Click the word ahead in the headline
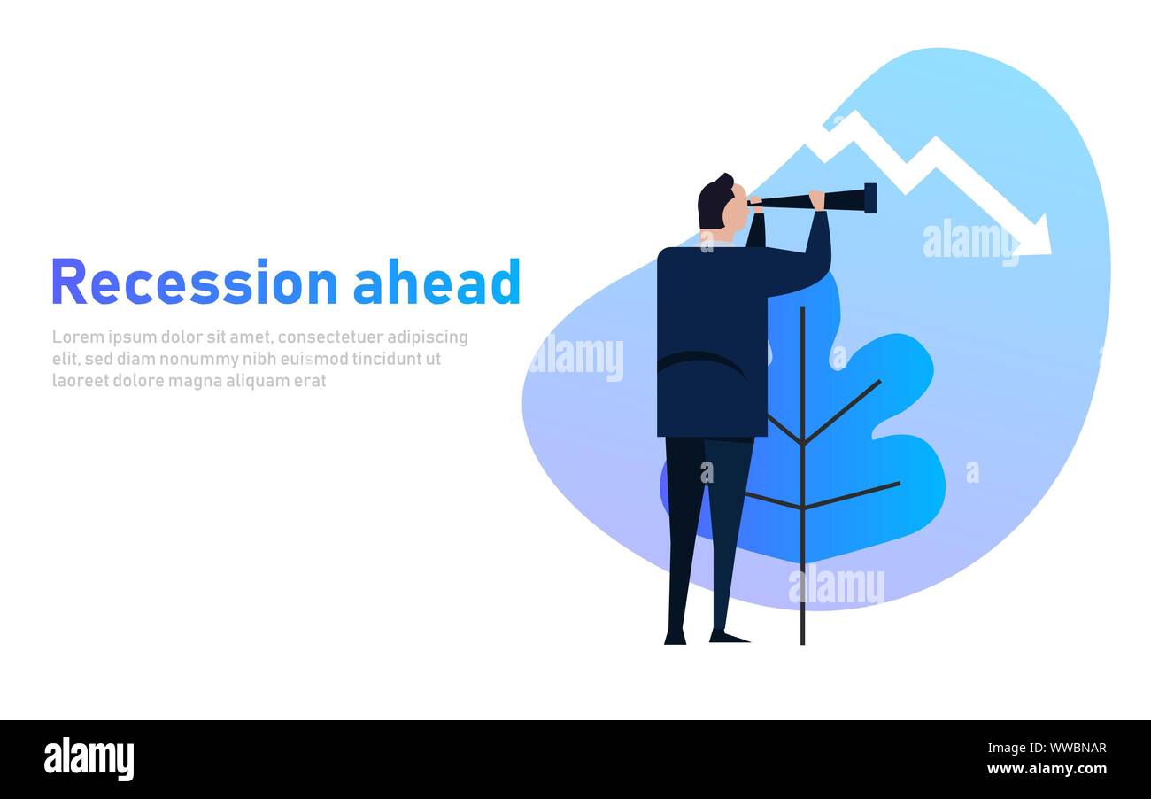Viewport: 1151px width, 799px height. (437, 282)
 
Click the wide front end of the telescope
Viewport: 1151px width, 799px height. (870, 198)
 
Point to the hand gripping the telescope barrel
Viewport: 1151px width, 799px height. (817, 200)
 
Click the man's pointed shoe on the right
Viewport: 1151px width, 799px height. (729, 637)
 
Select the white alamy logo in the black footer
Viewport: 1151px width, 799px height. (89, 758)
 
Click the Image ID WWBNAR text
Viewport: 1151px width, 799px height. (1047, 748)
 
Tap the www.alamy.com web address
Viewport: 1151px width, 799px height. (1047, 769)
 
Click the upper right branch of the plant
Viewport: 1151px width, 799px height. (842, 411)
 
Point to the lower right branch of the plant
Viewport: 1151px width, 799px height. (852, 495)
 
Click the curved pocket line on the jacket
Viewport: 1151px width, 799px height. (701, 361)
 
